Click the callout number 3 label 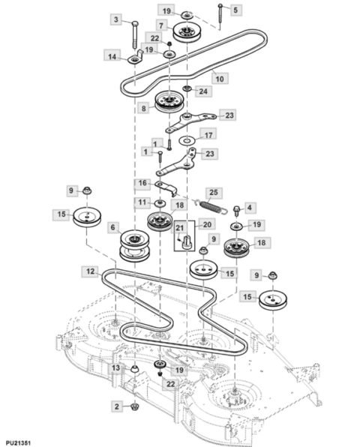coord(116,19)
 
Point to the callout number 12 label coord(90,270)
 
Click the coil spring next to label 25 coord(212,204)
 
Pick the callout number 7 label coord(160,25)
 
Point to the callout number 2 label coord(115,406)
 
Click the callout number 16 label coord(142,183)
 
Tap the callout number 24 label coord(202,91)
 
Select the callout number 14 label coord(112,57)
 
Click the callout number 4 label coord(250,207)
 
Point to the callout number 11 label coord(141,202)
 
